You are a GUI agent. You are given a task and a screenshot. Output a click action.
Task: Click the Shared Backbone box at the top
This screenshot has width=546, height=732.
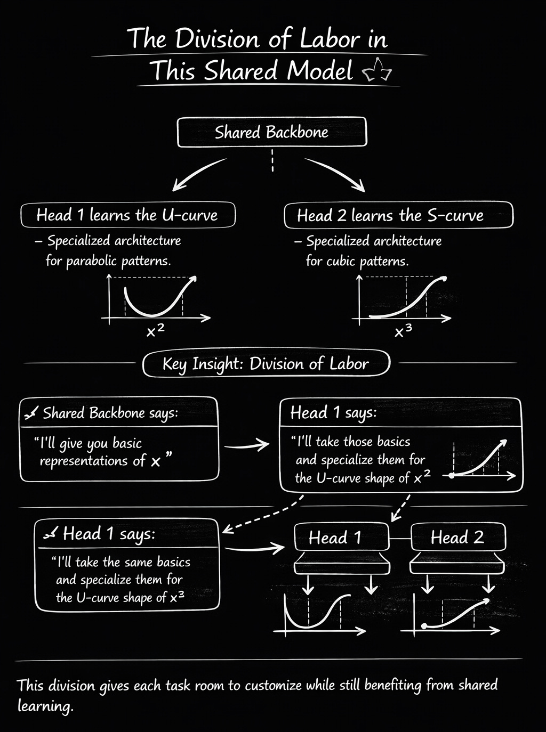(x=271, y=132)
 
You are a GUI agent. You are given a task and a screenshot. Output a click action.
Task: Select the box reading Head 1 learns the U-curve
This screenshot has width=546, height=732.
(x=127, y=215)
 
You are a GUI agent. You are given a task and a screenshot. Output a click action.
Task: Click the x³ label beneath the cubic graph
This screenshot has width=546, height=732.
(x=403, y=331)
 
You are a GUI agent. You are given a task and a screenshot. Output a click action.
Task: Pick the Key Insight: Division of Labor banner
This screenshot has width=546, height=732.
(x=266, y=364)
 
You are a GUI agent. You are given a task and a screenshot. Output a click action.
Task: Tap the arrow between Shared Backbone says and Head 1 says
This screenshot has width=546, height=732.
(x=247, y=444)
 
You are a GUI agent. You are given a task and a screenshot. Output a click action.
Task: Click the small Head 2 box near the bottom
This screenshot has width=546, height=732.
(x=457, y=537)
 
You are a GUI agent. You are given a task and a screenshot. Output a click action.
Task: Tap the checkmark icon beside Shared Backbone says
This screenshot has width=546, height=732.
(x=31, y=413)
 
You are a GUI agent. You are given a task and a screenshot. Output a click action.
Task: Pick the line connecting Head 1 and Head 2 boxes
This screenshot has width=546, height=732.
(x=400, y=537)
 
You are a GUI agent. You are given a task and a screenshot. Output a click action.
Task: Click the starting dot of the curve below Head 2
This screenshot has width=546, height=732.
(x=424, y=625)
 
